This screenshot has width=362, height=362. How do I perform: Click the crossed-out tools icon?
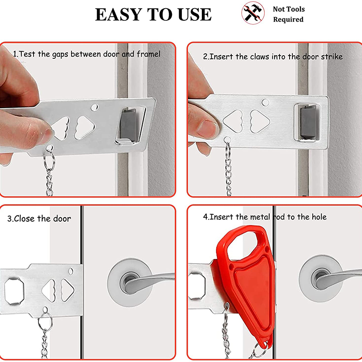coord(253,13)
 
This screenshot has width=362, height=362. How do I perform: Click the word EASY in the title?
coord(119,14)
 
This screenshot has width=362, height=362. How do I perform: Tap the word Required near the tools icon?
coord(288,19)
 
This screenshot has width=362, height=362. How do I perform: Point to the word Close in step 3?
coord(25,219)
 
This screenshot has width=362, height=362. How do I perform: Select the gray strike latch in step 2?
coord(308,122)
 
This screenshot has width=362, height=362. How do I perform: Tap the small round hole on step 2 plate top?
coord(266,102)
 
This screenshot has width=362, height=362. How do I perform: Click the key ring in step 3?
coord(45,321)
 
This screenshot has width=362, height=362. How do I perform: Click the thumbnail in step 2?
coord(207,129)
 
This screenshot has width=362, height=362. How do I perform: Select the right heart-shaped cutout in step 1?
coord(85,128)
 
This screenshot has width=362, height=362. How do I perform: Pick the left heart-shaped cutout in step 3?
coord(49,291)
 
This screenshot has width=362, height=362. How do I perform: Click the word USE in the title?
coord(195,14)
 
